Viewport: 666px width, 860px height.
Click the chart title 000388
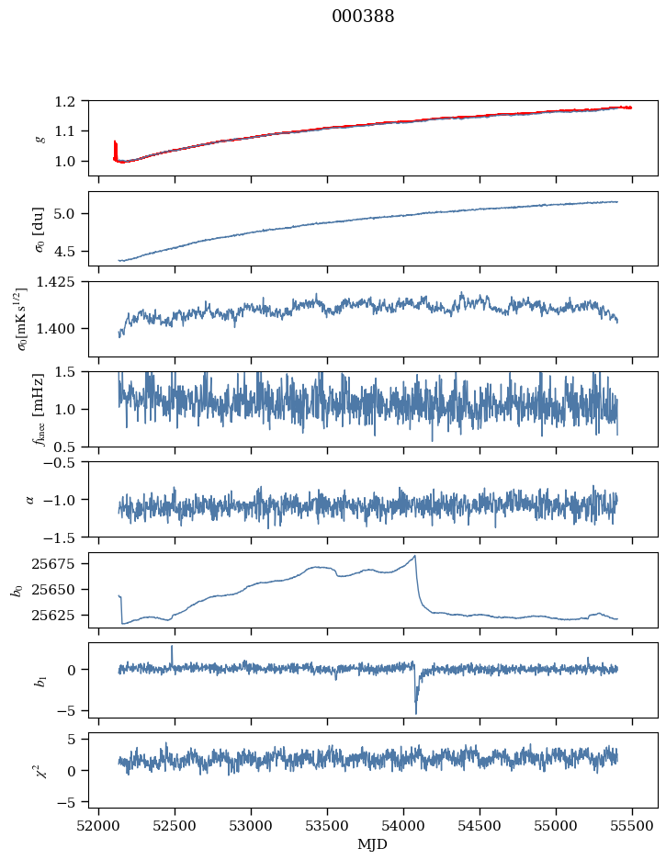tap(363, 17)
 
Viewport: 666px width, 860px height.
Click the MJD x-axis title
tap(373, 843)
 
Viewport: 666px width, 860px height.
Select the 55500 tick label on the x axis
tap(632, 825)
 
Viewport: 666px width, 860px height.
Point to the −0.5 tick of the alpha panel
tap(64, 462)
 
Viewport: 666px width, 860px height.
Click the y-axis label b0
tap(16, 589)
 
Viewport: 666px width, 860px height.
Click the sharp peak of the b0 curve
tap(415, 556)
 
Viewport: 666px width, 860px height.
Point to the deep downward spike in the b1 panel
tap(415, 711)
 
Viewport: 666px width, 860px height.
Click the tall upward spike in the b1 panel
tap(172, 647)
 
